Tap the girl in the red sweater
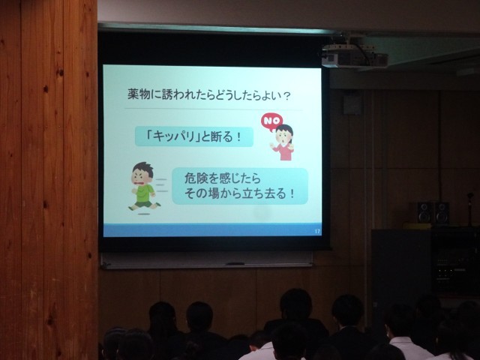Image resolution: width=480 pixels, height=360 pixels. (x=283, y=142)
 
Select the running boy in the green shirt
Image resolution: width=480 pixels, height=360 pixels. (x=144, y=187)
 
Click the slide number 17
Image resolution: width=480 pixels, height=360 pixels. (x=317, y=232)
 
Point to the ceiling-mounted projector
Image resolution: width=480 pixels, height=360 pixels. (x=355, y=55)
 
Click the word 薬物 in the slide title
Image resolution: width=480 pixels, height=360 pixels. (x=139, y=94)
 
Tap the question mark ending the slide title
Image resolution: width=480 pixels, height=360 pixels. (x=286, y=96)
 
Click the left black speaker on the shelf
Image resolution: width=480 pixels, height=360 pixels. (x=424, y=212)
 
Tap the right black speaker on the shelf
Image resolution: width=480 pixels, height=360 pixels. (x=442, y=213)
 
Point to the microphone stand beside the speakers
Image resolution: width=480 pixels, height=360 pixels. (x=470, y=209)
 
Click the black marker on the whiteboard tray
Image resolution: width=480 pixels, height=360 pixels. (x=235, y=263)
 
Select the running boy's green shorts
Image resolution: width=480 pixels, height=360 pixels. (x=144, y=203)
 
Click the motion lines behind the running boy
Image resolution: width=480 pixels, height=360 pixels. (x=162, y=185)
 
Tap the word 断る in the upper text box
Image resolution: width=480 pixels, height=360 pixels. (x=223, y=136)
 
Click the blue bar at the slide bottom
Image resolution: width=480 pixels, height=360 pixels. (x=212, y=230)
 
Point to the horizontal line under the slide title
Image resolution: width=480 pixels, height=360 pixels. (x=213, y=109)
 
